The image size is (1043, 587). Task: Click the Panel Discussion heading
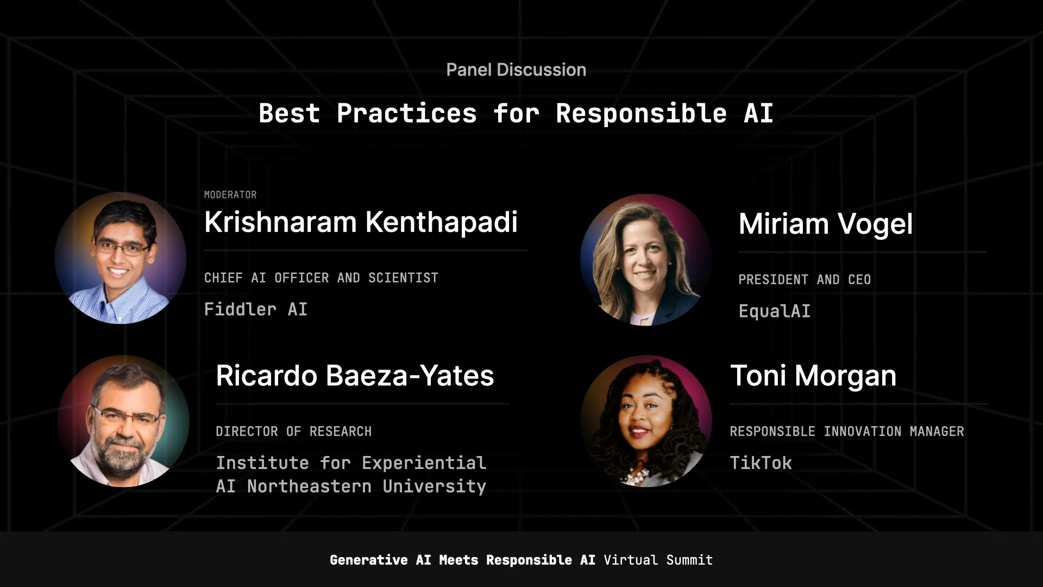coord(516,70)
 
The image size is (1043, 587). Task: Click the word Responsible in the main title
coord(641,114)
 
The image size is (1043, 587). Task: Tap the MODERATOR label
coord(230,195)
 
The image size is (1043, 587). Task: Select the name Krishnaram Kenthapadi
coord(361,222)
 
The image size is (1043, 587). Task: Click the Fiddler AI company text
coord(256,309)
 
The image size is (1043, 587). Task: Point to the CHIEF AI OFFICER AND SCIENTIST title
coord(321,278)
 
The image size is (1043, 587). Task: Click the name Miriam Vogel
coord(825,224)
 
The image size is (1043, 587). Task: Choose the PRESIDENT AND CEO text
coord(805,279)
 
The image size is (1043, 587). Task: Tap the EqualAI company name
coord(775,311)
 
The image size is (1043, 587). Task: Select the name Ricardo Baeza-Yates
coord(355,376)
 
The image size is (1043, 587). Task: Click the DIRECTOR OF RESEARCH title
coord(293,432)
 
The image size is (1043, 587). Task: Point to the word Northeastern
coord(309,486)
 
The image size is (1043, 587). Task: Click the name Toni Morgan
coord(813,376)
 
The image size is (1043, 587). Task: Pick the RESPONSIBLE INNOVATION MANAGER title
coord(846,432)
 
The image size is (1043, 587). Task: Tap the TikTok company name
coord(761,463)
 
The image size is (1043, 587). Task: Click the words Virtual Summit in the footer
coord(658,560)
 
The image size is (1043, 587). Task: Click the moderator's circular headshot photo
coord(121,258)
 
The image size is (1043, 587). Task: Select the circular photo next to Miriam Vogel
coord(646,260)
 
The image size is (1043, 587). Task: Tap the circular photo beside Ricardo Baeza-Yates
coord(123,421)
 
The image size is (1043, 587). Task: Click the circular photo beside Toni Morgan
coord(646,421)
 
